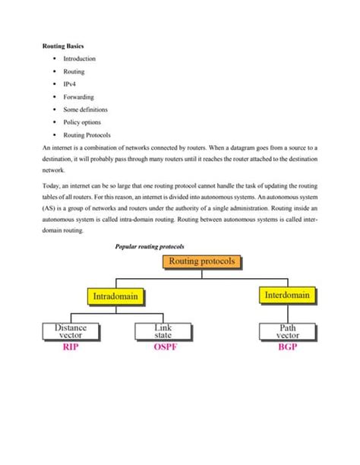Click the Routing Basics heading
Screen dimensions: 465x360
click(x=62, y=46)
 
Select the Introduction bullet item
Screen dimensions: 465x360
click(x=79, y=59)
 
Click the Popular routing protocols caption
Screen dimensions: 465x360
click(x=149, y=247)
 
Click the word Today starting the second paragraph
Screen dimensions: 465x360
click(x=51, y=185)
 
